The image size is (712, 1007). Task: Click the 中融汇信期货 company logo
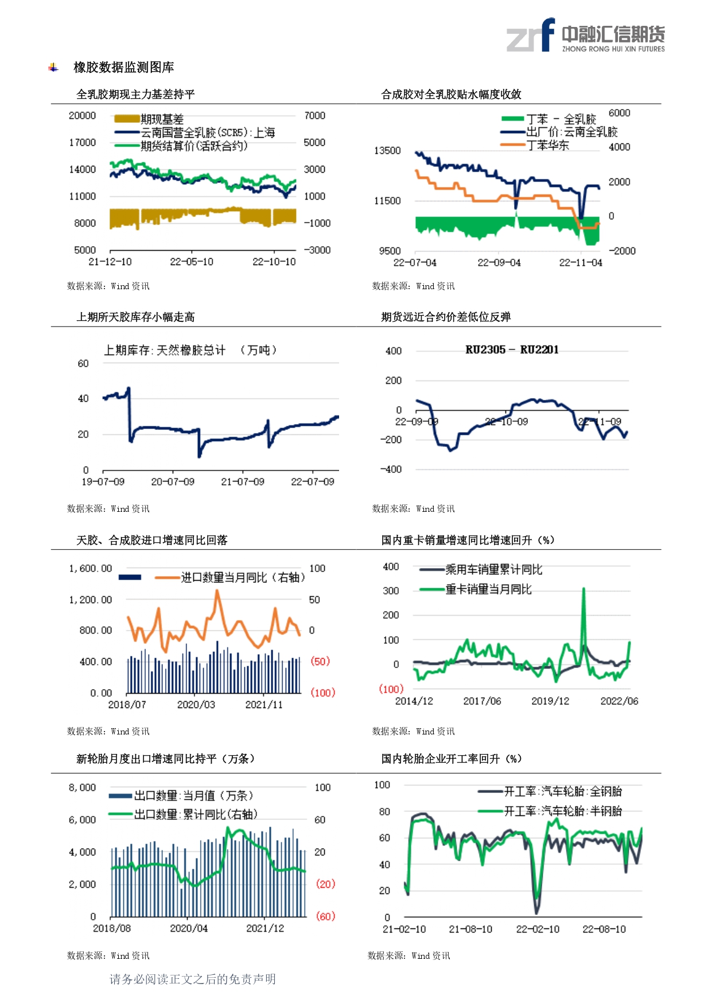[x=585, y=36]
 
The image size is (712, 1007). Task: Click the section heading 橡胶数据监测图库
[x=124, y=67]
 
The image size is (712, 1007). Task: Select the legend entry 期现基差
[x=162, y=119]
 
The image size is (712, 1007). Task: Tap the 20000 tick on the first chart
[x=82, y=115]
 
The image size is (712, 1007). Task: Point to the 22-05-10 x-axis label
[x=192, y=262]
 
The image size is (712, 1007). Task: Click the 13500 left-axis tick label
[x=387, y=150]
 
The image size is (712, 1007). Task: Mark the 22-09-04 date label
[x=499, y=262]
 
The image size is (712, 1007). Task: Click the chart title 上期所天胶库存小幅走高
[x=136, y=317]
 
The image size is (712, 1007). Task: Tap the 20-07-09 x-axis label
[x=173, y=481]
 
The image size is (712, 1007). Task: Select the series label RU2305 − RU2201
[x=512, y=349]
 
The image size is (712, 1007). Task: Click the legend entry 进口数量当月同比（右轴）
[x=243, y=577]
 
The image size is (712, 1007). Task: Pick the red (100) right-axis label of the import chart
[x=322, y=693]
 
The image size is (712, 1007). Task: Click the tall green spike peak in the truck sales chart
[x=583, y=589]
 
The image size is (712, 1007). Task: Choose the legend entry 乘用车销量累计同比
[x=493, y=569]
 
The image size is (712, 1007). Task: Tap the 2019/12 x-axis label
[x=550, y=701]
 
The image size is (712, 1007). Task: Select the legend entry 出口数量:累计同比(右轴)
[x=196, y=814]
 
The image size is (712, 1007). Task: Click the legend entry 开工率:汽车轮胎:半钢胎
[x=563, y=811]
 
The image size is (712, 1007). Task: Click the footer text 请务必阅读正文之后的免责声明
[x=193, y=979]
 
